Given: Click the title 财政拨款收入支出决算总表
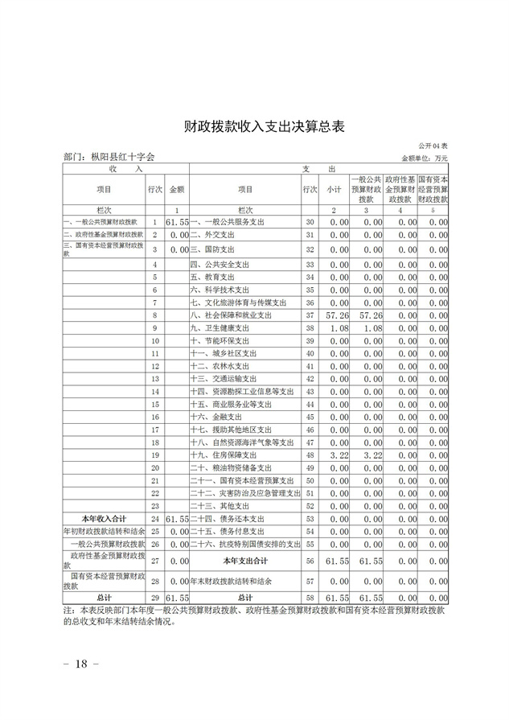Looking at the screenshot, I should coord(253,126).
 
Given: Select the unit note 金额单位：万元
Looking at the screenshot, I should coord(425,158).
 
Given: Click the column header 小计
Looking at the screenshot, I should coord(334,189).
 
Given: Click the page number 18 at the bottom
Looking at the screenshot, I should coord(80,664).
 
